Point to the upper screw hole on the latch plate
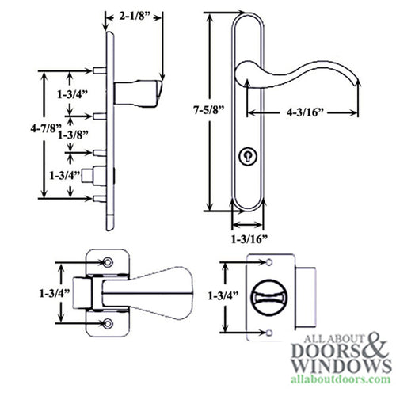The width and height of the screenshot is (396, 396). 109,261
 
